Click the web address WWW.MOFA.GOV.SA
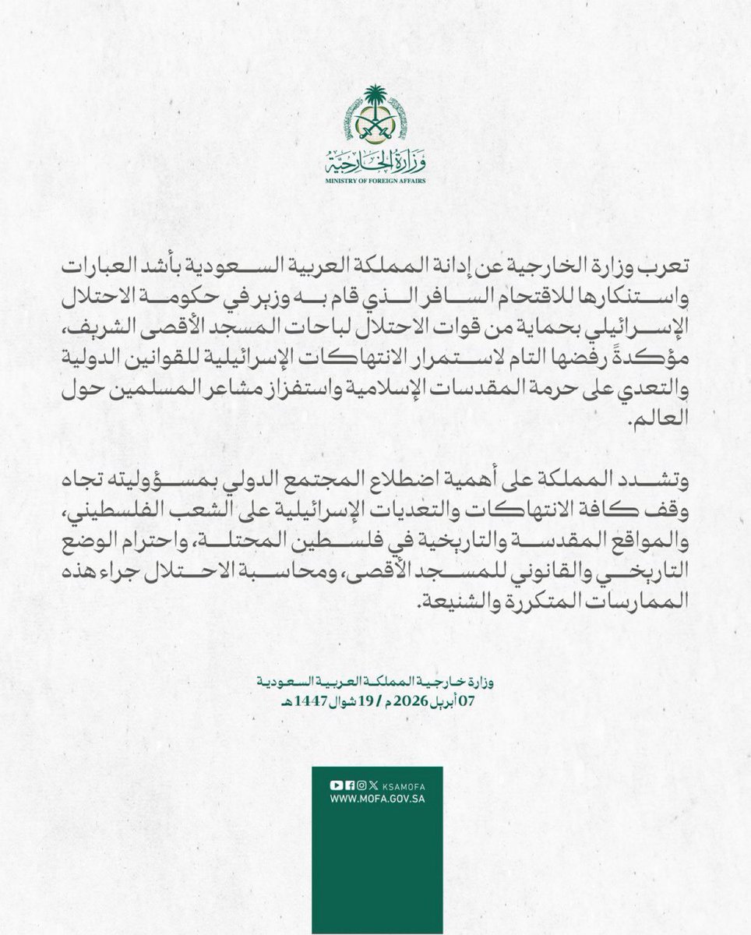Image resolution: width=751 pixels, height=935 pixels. click(376, 799)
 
